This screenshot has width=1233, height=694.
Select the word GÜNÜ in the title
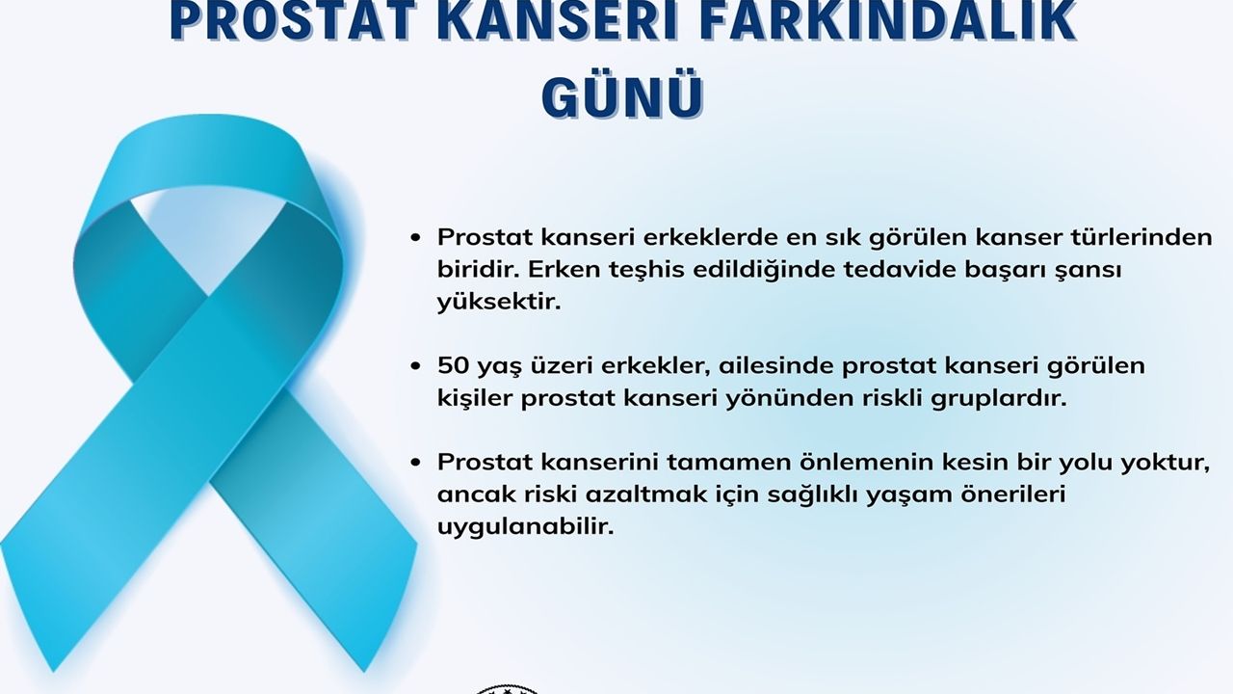pos(623,99)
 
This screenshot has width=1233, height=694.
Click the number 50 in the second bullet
pos(453,365)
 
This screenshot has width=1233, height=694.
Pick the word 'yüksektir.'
pos(499,302)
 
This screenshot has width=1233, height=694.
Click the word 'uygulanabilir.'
pos(525,527)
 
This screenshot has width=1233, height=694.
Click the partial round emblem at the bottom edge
pos(507,689)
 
